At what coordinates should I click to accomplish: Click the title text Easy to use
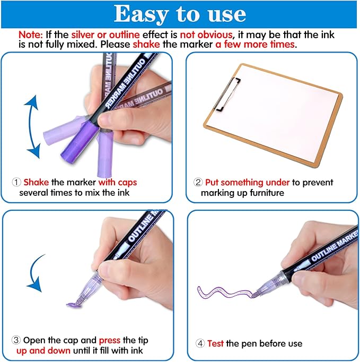pyautogui.click(x=180, y=14)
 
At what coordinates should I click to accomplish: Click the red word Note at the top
pyautogui.click(x=30, y=33)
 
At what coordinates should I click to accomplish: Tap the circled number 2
pyautogui.click(x=198, y=182)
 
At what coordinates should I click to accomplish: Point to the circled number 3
pyautogui.click(x=16, y=340)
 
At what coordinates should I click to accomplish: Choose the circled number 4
pyautogui.click(x=200, y=343)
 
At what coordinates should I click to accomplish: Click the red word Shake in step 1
pyautogui.click(x=36, y=182)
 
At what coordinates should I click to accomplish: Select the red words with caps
pyautogui.click(x=117, y=182)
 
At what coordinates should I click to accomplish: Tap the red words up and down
pyautogui.click(x=42, y=350)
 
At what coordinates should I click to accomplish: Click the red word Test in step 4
pyautogui.click(x=216, y=343)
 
